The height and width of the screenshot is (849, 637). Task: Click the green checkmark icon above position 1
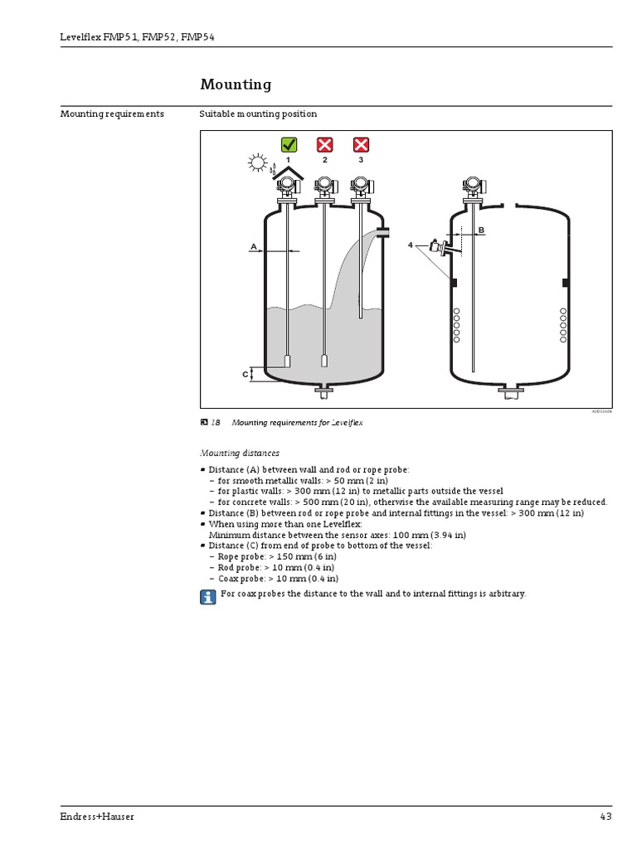(x=289, y=145)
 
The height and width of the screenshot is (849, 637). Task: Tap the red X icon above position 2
(x=325, y=145)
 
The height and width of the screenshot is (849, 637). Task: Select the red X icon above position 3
(x=361, y=145)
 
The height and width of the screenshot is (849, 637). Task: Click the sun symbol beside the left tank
(x=257, y=163)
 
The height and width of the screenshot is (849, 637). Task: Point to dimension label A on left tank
(x=253, y=246)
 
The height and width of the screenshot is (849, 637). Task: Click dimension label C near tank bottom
(x=246, y=375)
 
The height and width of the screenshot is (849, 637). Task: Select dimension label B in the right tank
(x=480, y=229)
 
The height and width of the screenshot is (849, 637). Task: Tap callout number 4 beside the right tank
(x=410, y=245)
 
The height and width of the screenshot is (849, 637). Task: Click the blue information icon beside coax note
(x=207, y=596)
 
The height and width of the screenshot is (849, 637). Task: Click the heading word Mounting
(x=236, y=85)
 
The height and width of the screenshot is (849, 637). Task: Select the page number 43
(x=605, y=817)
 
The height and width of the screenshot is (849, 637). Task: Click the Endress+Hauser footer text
(x=97, y=817)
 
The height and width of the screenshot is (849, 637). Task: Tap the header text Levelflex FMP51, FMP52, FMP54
(x=138, y=37)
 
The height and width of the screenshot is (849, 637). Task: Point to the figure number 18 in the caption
(x=216, y=423)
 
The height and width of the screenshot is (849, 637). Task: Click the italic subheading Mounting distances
(x=240, y=454)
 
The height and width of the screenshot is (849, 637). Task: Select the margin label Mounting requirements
(x=112, y=114)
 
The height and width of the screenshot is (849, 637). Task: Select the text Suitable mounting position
(x=258, y=114)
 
